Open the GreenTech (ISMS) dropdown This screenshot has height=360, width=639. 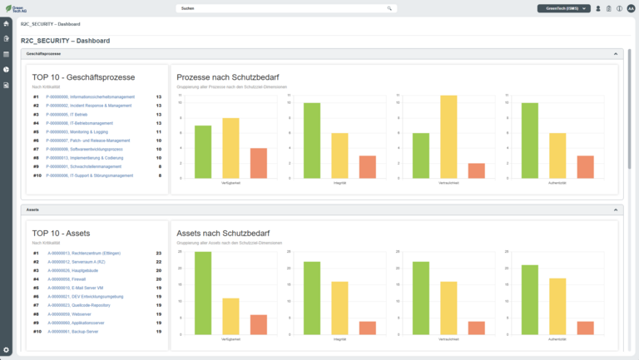pyautogui.click(x=564, y=8)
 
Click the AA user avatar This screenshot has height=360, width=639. pyautogui.click(x=631, y=8)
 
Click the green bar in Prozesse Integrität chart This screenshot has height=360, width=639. pyautogui.click(x=311, y=141)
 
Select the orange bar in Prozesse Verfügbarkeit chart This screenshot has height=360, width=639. pyautogui.click(x=258, y=163)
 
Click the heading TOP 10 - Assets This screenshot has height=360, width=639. pyautogui.click(x=62, y=234)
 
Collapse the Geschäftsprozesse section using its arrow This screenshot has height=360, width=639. pyautogui.click(x=616, y=53)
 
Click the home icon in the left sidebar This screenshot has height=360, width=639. pyautogui.click(x=7, y=23)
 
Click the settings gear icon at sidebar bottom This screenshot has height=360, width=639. pyautogui.click(x=7, y=350)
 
